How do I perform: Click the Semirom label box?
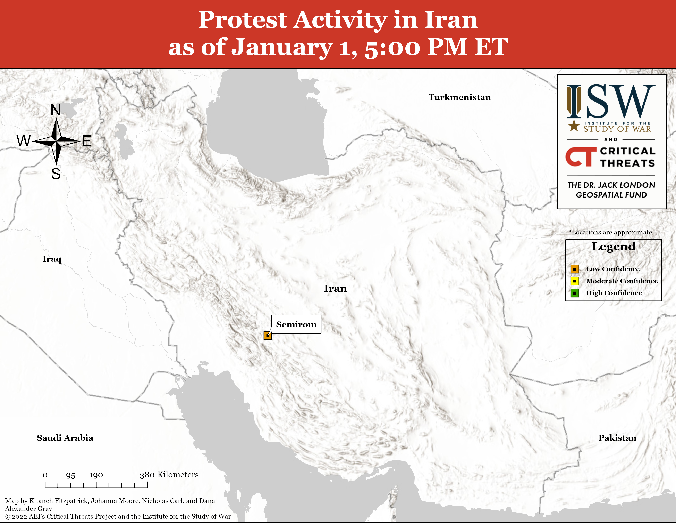click(296, 324)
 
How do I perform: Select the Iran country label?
click(335, 288)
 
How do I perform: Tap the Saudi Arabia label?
click(65, 438)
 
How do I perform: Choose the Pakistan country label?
click(617, 438)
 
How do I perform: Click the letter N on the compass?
click(56, 110)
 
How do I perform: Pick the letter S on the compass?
click(56, 174)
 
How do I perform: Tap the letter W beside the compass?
click(24, 141)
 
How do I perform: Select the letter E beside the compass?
click(86, 141)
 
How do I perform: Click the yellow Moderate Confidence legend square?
click(575, 281)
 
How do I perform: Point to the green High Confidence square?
click(575, 293)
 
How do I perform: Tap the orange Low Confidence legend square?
click(575, 269)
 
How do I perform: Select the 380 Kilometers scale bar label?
click(169, 475)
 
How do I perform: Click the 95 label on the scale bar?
click(71, 475)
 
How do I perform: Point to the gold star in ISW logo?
click(574, 126)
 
